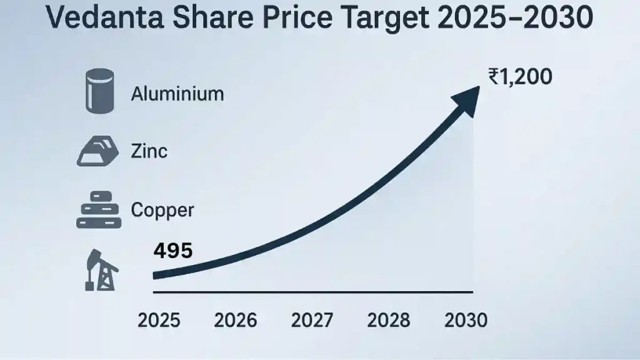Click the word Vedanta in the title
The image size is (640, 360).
point(101,20)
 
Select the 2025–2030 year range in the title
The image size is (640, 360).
point(512,20)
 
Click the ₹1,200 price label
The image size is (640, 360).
point(520,77)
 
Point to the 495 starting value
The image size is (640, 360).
point(172,251)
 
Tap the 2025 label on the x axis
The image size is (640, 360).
point(159,321)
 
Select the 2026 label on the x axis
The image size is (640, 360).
point(236,321)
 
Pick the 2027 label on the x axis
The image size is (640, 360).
point(312,321)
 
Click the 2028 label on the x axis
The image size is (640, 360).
point(389,321)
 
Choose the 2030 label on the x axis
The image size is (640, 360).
point(466,321)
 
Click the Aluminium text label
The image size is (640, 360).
point(177,94)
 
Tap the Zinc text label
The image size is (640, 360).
point(149,151)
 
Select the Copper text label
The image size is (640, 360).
point(162,210)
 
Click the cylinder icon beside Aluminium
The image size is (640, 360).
point(100,91)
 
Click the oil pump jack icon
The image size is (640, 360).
point(99,270)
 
